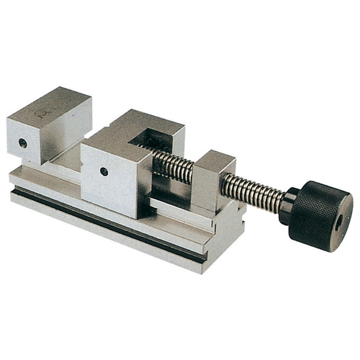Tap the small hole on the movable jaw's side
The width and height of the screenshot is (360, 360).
[104, 171]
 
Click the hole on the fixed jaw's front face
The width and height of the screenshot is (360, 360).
[23, 143]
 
